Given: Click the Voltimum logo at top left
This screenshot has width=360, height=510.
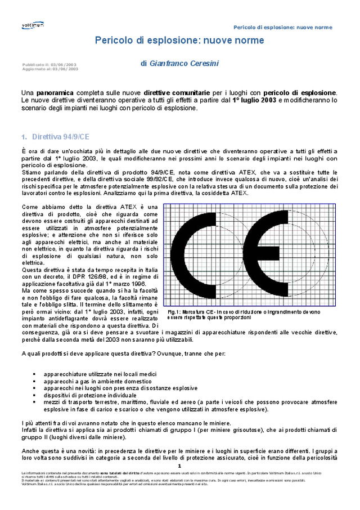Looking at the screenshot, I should point(32,25).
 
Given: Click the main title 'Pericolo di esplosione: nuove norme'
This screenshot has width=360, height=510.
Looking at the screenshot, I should point(179,41).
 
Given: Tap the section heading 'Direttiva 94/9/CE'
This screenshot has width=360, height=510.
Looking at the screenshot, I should point(60,137).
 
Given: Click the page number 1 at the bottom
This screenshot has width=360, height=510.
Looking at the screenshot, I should point(179,466).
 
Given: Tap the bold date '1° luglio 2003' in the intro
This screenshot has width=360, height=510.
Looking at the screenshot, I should point(254,100).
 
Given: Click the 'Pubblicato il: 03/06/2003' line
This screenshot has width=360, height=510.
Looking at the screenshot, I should point(50,65).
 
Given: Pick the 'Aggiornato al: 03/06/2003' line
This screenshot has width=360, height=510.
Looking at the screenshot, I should point(50,69).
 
